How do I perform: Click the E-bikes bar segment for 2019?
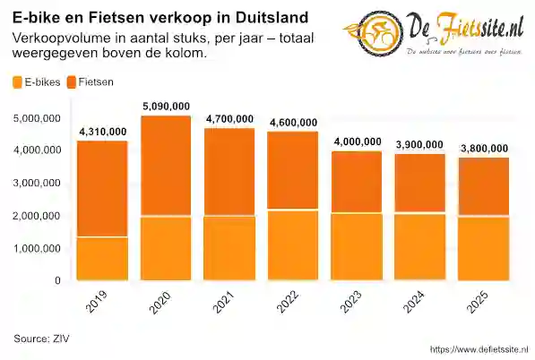tap(101, 259)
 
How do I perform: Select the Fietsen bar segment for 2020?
tap(166, 166)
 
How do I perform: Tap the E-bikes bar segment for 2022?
tap(293, 245)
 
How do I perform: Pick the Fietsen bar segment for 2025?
tap(484, 187)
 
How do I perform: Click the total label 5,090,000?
tap(166, 107)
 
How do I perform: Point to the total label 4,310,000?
tap(102, 133)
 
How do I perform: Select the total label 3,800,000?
tap(484, 149)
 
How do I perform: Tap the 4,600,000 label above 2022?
tap(293, 123)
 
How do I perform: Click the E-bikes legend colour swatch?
tap(18, 82)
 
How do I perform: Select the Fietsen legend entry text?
tap(96, 82)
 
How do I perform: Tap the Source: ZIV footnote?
tap(41, 338)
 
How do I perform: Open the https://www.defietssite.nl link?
tap(479, 349)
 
